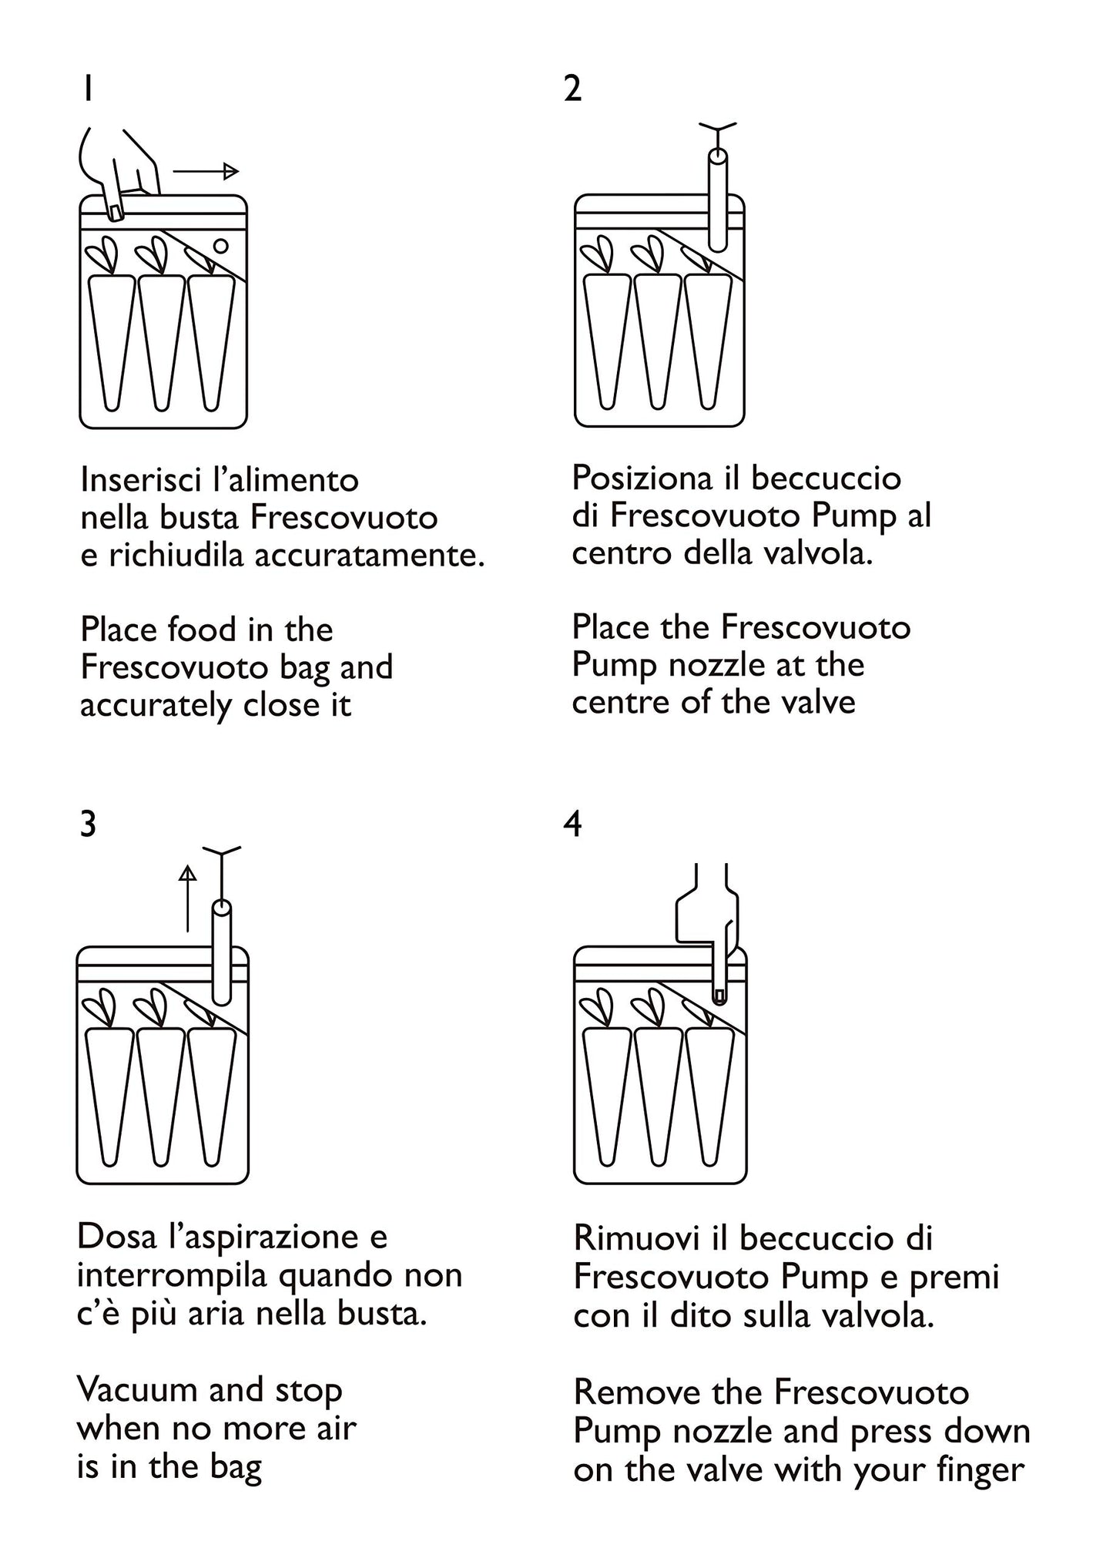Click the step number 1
tap(89, 89)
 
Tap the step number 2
tap(572, 89)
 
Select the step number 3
tap(88, 824)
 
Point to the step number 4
tap(573, 824)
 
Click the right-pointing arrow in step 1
tap(206, 171)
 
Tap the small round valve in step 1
tap(220, 246)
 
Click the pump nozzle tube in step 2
tap(717, 200)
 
